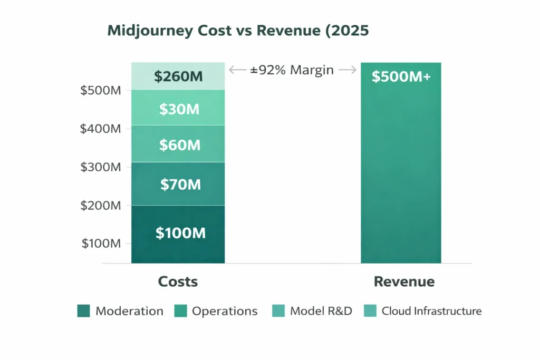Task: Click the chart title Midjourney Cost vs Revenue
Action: pyautogui.click(x=238, y=31)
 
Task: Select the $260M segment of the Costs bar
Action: pyautogui.click(x=178, y=76)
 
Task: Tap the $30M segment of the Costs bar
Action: pyautogui.click(x=178, y=109)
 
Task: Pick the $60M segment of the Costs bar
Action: pyautogui.click(x=178, y=144)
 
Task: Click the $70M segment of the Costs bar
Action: pyautogui.click(x=178, y=184)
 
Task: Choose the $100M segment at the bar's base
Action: pyautogui.click(x=178, y=233)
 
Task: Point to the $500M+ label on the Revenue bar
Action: pyautogui.click(x=401, y=76)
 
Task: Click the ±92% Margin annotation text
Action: pyautogui.click(x=292, y=70)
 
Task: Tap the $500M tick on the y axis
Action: pyautogui.click(x=101, y=90)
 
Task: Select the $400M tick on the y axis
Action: pyautogui.click(x=101, y=129)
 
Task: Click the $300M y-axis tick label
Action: pyautogui.click(x=101, y=167)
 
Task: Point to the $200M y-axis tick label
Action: pyautogui.click(x=101, y=206)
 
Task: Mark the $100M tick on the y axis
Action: pyautogui.click(x=101, y=244)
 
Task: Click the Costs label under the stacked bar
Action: pyautogui.click(x=178, y=281)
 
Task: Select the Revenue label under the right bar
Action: pyautogui.click(x=404, y=281)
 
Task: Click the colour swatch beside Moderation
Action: pyautogui.click(x=83, y=311)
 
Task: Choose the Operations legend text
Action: pyautogui.click(x=225, y=311)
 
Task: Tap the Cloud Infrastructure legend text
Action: pyautogui.click(x=431, y=311)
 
